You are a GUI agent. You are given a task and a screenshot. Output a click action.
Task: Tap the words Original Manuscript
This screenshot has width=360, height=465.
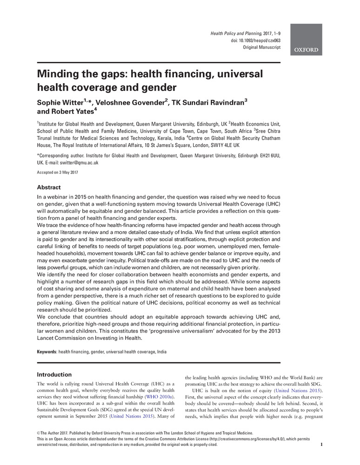click(x=262, y=48)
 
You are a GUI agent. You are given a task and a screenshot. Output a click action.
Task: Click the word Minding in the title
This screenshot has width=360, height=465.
click(x=60, y=74)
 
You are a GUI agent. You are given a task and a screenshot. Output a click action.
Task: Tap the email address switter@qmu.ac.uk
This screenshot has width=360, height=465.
click(x=80, y=163)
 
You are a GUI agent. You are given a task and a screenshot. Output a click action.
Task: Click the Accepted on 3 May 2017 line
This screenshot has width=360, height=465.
click(x=57, y=173)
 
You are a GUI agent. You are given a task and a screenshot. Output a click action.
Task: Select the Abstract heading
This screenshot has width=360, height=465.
click(x=48, y=187)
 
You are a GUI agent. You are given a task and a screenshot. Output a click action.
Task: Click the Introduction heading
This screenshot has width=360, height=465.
click(x=54, y=374)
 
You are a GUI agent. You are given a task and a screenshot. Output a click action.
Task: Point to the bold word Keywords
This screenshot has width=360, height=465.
click(x=46, y=352)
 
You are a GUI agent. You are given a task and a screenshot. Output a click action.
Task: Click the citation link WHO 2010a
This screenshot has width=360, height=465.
click(x=160, y=397)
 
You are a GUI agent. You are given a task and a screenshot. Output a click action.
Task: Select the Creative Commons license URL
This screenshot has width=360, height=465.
click(x=261, y=438)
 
